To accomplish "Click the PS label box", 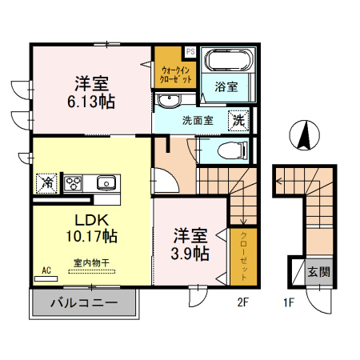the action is click(x=190, y=51).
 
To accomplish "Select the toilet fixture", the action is click(x=233, y=150).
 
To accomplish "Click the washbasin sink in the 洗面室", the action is click(x=169, y=100).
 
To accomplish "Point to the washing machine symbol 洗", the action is click(x=238, y=120).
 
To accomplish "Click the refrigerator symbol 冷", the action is click(x=46, y=183).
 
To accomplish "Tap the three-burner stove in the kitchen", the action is click(x=73, y=183).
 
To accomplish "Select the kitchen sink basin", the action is click(x=106, y=183).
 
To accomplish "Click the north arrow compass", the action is click(x=304, y=135).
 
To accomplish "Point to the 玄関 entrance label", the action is click(x=319, y=272).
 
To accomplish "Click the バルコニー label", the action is click(x=84, y=302).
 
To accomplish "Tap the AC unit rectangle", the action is click(x=46, y=279).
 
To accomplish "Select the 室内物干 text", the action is click(x=91, y=263).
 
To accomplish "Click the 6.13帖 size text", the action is click(x=91, y=102).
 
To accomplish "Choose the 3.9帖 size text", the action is click(x=190, y=254).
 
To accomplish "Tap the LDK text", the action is click(x=91, y=220).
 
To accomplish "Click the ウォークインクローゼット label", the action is click(x=175, y=75).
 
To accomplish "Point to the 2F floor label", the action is click(x=243, y=302).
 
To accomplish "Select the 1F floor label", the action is click(x=289, y=302).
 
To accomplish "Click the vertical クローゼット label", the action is click(x=244, y=257).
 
